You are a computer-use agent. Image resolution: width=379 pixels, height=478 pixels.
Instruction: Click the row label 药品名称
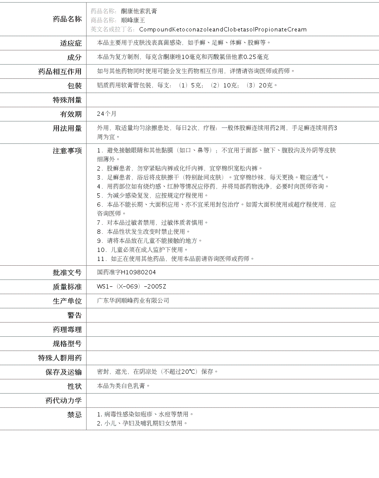click(x=67, y=19)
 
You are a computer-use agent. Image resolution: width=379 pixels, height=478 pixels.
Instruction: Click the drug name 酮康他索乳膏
click(x=139, y=11)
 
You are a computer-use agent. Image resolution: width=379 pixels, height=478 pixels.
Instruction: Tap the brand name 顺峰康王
click(x=133, y=20)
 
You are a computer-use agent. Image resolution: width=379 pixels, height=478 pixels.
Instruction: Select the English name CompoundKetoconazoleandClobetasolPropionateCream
click(x=223, y=30)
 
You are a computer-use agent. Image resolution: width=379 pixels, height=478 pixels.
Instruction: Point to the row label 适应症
click(x=71, y=43)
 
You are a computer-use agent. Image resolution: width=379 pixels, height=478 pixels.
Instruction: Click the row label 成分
click(x=74, y=57)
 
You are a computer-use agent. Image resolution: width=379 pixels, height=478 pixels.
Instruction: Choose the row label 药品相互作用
click(x=60, y=71)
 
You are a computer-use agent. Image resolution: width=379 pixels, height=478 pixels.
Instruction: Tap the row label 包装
click(x=74, y=86)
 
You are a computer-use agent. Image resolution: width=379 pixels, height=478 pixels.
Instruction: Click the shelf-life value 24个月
click(x=107, y=114)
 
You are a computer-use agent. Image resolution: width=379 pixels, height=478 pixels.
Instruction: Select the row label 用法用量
click(x=67, y=128)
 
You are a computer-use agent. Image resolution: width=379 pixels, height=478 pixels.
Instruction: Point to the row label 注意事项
click(x=67, y=151)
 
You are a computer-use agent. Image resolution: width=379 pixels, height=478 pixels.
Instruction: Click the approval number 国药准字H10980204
click(x=126, y=273)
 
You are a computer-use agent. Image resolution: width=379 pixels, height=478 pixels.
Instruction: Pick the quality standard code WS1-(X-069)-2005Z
click(x=131, y=287)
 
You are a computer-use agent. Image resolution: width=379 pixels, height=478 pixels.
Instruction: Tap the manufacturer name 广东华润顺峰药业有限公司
click(x=133, y=301)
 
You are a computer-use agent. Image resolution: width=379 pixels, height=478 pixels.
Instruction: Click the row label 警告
click(x=74, y=315)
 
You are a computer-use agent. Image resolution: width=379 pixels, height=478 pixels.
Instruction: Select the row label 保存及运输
click(x=64, y=372)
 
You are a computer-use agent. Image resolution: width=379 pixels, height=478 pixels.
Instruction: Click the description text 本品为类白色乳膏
click(x=123, y=386)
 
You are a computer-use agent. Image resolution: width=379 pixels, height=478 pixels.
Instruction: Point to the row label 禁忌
click(x=74, y=415)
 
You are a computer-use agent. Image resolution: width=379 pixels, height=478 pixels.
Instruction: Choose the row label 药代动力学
click(x=64, y=400)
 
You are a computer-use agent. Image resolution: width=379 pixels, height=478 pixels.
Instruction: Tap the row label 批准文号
click(x=67, y=273)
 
